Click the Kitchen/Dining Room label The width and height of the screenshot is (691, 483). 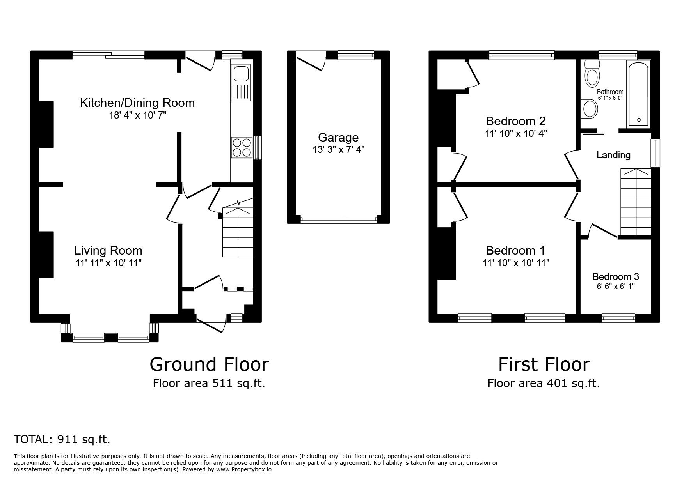coord(137,103)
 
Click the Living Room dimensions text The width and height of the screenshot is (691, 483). coord(108,263)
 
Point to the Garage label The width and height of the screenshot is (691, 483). coord(338,137)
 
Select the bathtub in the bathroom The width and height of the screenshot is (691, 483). coord(638,94)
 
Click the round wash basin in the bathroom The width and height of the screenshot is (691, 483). coord(589,108)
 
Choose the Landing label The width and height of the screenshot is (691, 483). coord(613,155)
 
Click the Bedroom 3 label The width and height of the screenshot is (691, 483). coord(615,277)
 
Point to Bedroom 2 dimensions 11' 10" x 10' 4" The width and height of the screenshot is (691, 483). coord(516,134)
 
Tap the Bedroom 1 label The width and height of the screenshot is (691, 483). coord(515,250)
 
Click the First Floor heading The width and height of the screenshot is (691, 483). coord(544,364)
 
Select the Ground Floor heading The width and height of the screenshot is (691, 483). coord(209,364)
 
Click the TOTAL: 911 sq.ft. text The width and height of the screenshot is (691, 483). coord(62,440)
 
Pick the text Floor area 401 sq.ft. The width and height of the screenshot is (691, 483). coord(543,384)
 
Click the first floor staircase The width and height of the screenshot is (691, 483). coord(636,203)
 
